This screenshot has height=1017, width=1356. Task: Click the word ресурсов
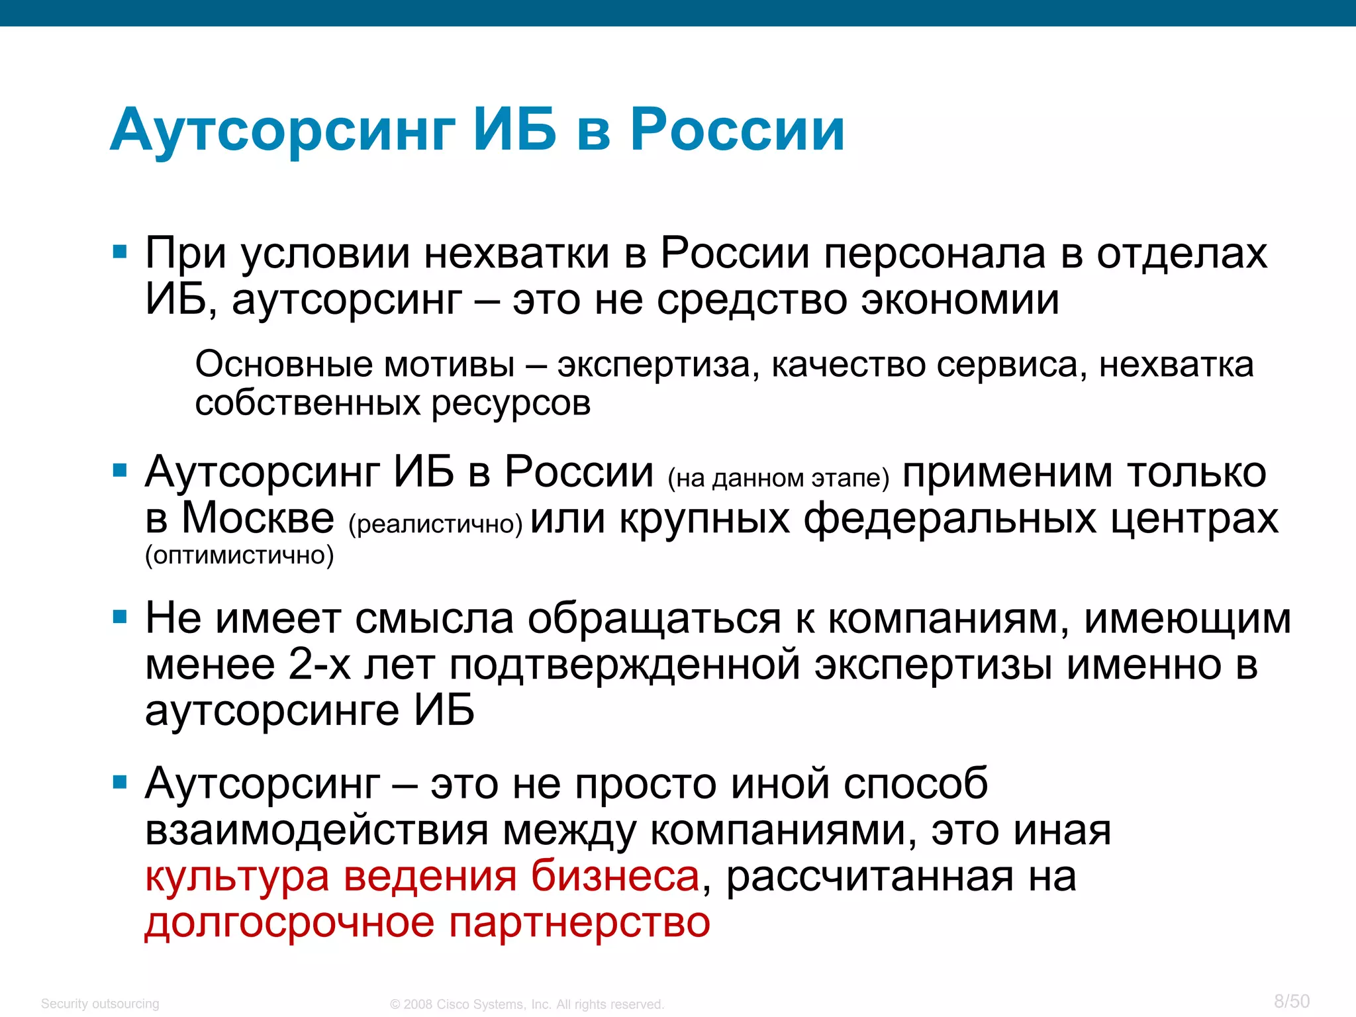tap(510, 404)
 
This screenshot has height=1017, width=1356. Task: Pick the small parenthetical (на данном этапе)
tap(778, 478)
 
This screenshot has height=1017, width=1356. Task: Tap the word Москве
tap(258, 518)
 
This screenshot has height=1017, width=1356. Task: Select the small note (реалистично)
tap(435, 524)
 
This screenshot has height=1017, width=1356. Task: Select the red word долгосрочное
tap(289, 923)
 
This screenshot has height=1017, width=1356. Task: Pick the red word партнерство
tap(579, 923)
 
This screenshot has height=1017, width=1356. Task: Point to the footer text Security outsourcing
tap(100, 1004)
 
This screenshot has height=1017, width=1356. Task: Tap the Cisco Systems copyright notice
tap(527, 1004)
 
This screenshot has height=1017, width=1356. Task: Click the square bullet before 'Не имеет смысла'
tap(120, 618)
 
